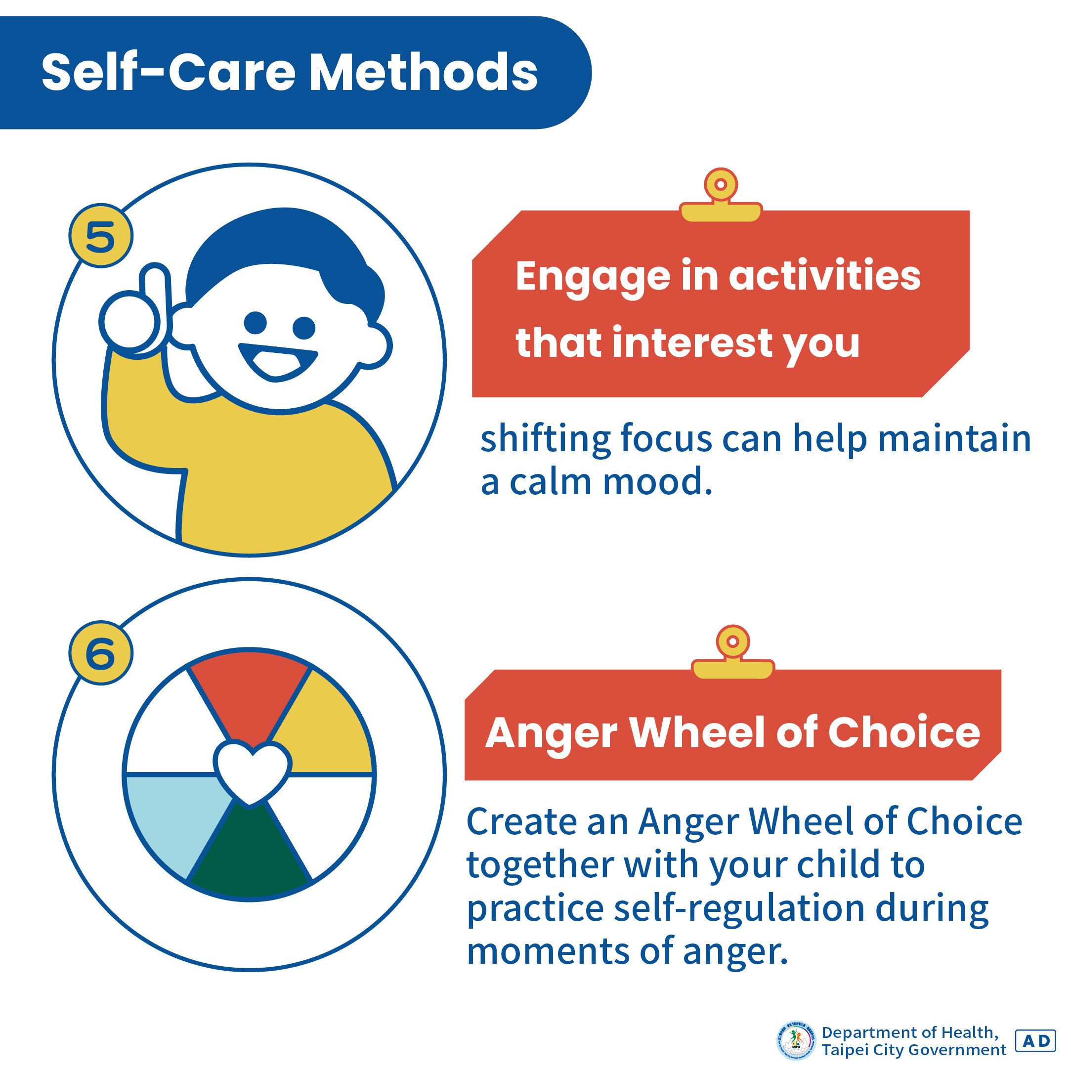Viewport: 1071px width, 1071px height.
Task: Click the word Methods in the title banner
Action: tap(423, 73)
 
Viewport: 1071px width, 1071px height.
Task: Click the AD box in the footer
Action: tap(1034, 1040)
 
